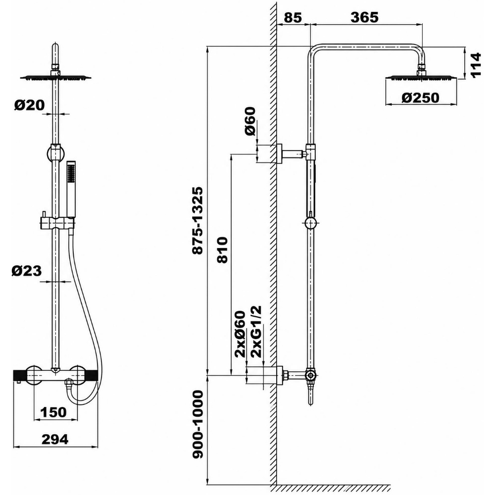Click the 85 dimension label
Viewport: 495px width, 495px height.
click(293, 18)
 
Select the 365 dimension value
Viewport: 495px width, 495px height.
click(364, 17)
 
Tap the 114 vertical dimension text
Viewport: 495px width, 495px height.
click(475, 65)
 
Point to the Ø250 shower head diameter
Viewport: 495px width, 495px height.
click(420, 98)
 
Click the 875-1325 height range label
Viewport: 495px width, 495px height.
click(198, 221)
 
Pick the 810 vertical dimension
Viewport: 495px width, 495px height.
click(222, 249)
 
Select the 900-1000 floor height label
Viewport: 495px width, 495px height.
click(198, 424)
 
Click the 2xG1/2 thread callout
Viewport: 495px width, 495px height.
click(256, 332)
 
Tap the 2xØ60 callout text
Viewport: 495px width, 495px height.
click(240, 334)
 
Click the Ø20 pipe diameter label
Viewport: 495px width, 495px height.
click(30, 105)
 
